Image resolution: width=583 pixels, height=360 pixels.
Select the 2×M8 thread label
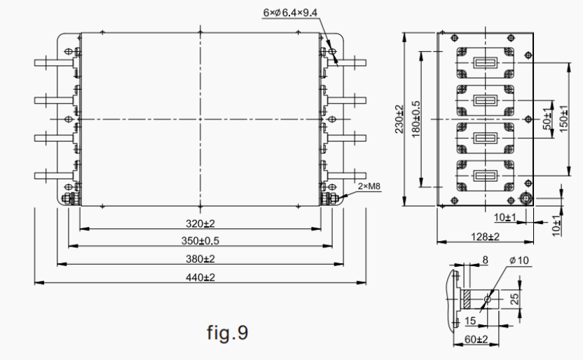[369, 187]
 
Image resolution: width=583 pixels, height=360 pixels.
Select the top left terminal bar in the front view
[53, 62]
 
